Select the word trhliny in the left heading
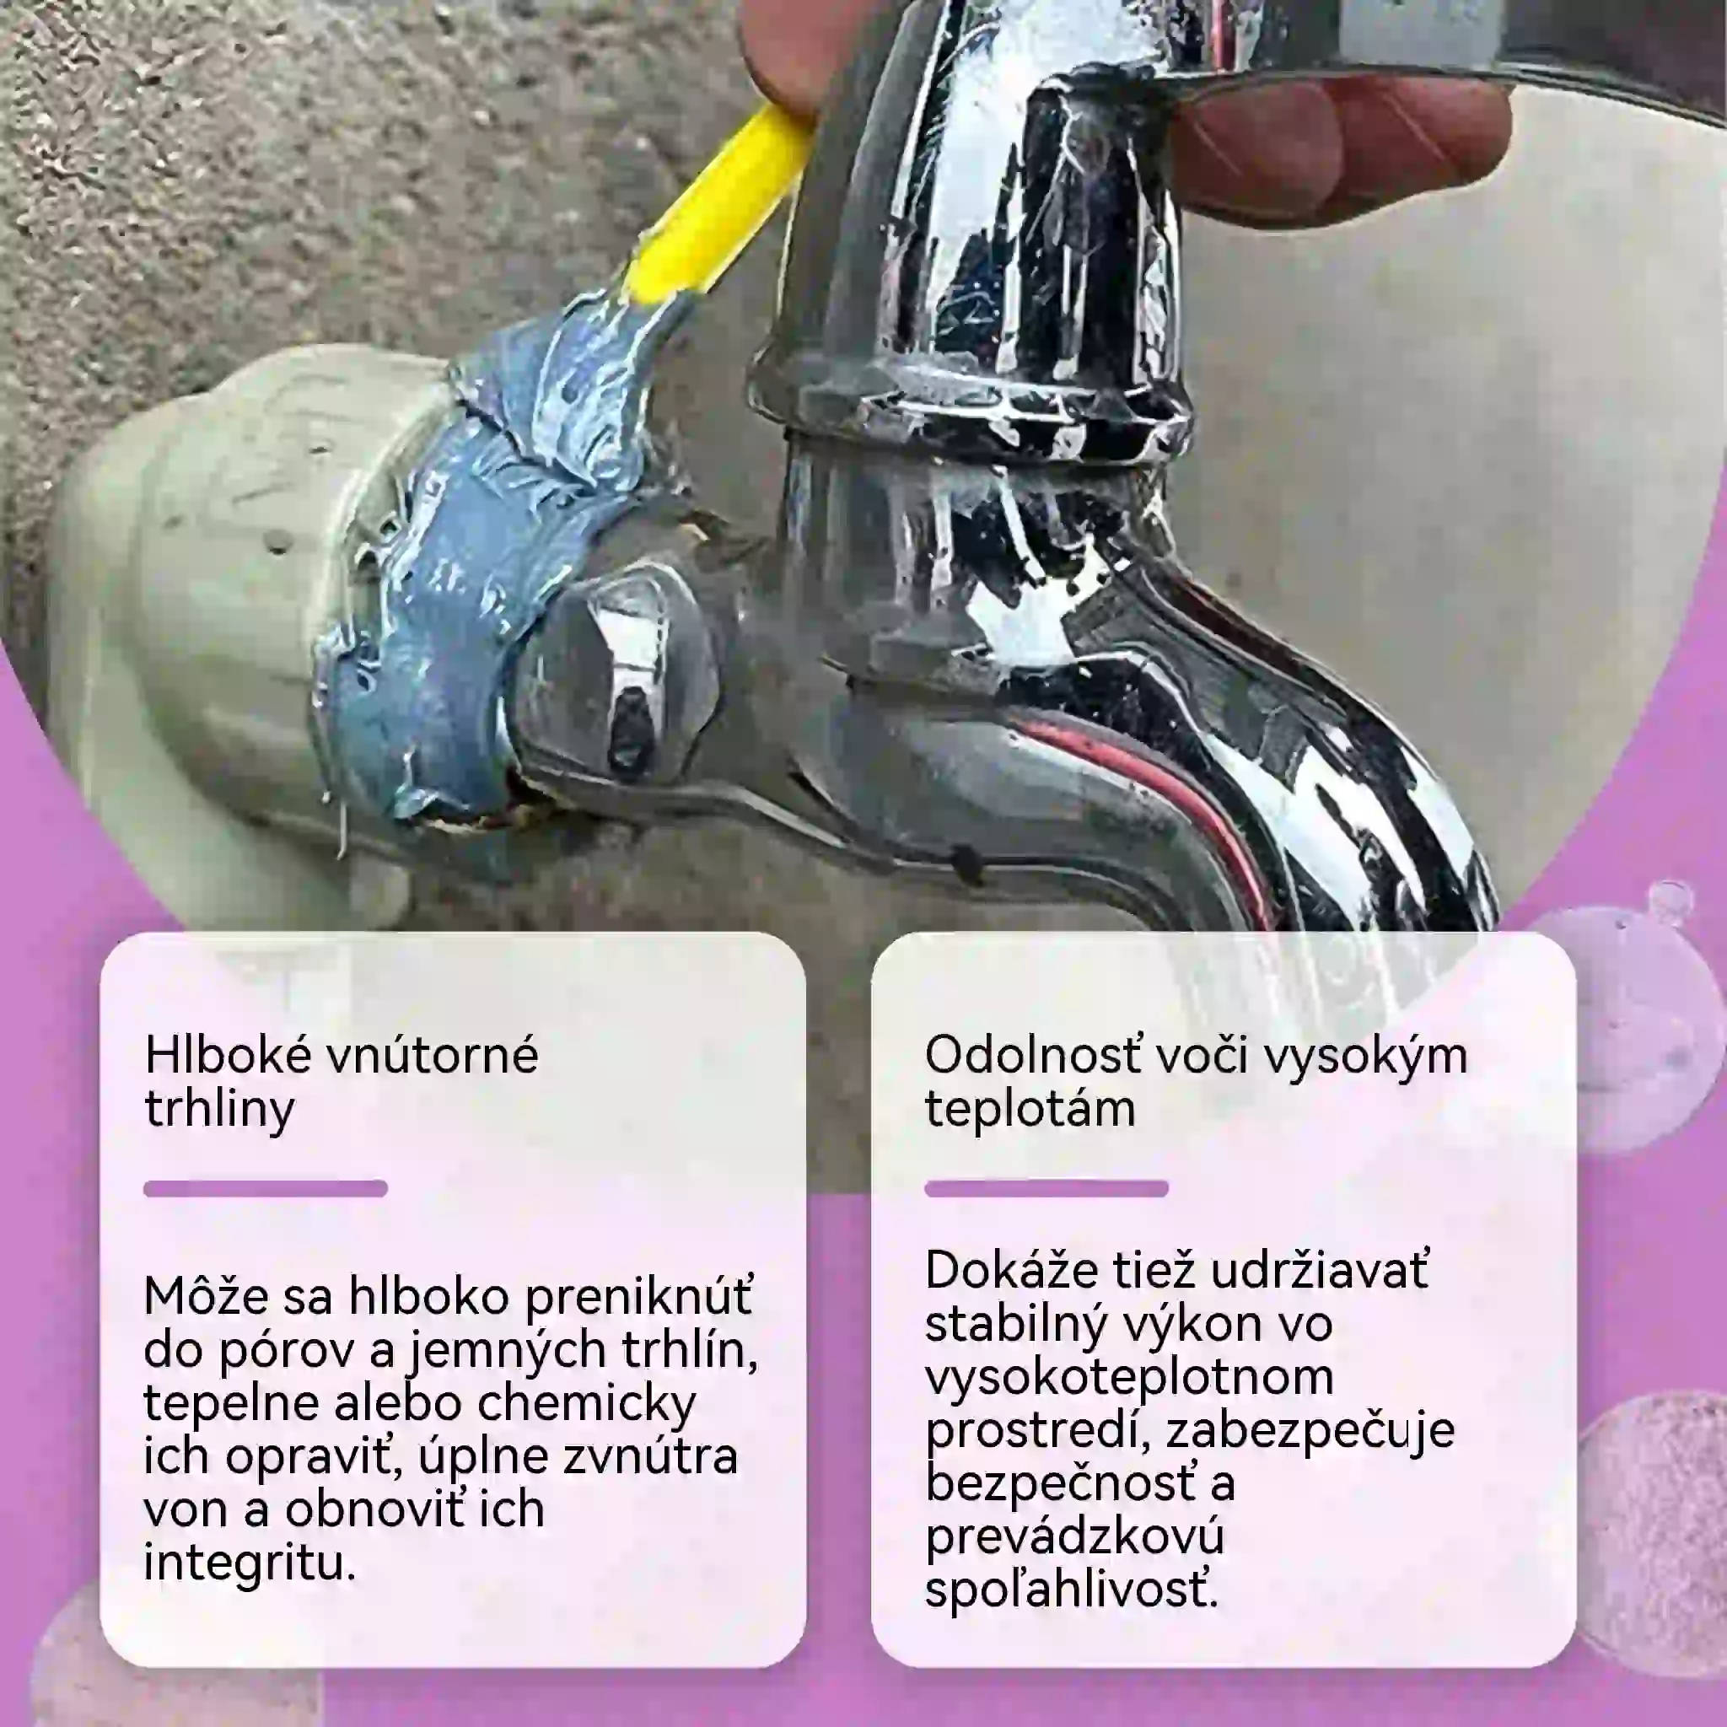219,1111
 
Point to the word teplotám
1030,1110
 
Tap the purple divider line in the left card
266,1189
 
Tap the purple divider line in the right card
1046,1189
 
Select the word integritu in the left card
250,1563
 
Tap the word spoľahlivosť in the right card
1072,1590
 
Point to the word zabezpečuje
1310,1430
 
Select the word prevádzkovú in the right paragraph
1074,1537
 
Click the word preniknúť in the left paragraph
639,1296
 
